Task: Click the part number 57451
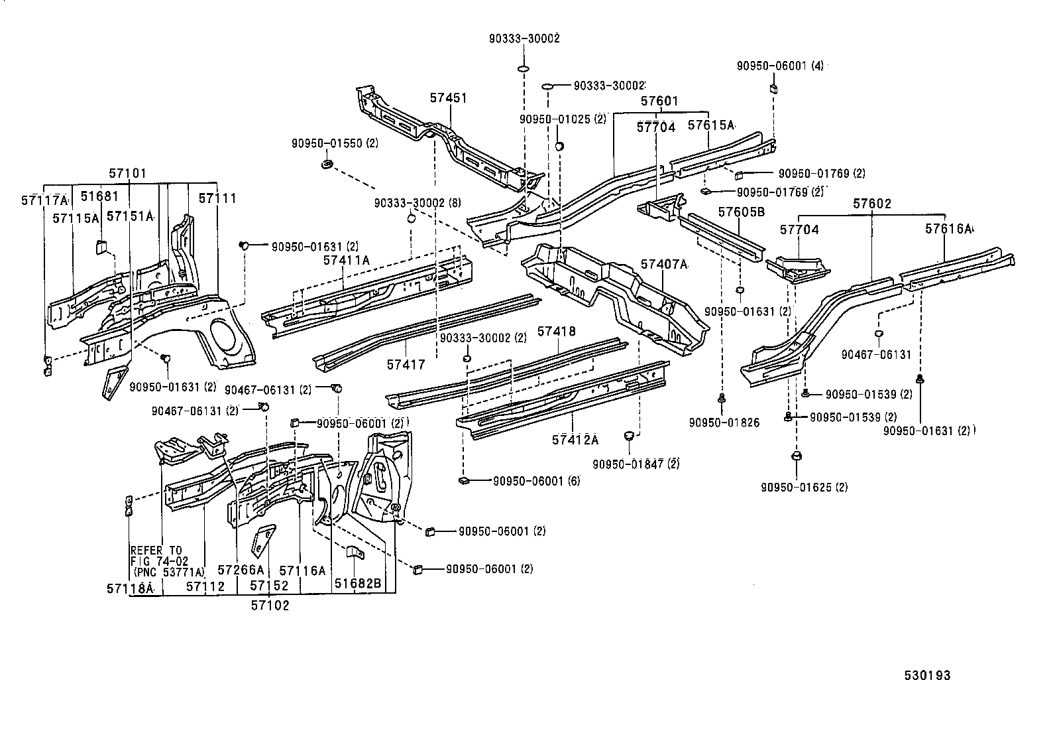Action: [448, 98]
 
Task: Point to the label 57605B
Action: [742, 212]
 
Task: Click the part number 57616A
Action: [948, 229]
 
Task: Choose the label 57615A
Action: [710, 125]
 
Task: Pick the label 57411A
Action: [347, 260]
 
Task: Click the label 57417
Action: [406, 364]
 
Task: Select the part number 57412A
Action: [575, 439]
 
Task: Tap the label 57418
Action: [556, 331]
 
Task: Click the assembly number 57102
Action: [270, 605]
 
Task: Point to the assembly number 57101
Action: [127, 174]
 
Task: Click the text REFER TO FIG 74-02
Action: [159, 555]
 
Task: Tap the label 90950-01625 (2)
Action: [804, 487]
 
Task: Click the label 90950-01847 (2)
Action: [636, 464]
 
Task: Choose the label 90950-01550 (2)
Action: [335, 143]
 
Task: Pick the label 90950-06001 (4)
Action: [780, 66]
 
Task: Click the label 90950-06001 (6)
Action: [536, 481]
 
